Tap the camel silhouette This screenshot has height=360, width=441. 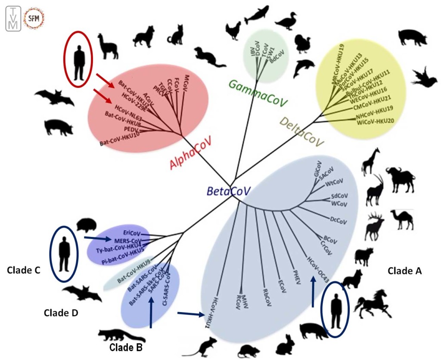pos(402,219)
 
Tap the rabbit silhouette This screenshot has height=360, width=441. pos(285,345)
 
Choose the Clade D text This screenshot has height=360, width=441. pos(61,313)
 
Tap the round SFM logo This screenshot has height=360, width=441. pos(34,18)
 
